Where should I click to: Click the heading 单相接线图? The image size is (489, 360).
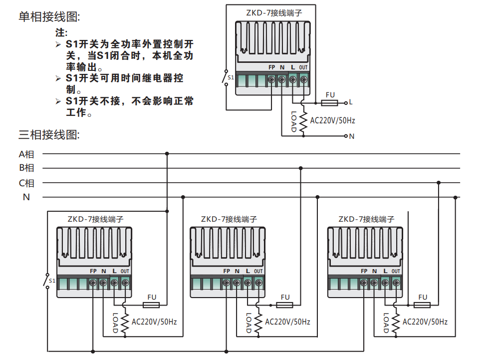pos(49,17)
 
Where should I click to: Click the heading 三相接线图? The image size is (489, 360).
pos(49,134)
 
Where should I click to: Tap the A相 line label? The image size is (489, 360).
pos(26,154)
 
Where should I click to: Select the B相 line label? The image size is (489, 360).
pos(26,168)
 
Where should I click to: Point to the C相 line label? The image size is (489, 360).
pos(26,183)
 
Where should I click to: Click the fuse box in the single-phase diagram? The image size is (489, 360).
pos(329,102)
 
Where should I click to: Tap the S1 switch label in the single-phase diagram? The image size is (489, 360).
pos(231,77)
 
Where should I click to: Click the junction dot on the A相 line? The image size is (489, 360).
pos(167,154)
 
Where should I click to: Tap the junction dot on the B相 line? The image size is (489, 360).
pos(300,168)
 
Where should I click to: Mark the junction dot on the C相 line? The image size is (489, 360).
pos(438,183)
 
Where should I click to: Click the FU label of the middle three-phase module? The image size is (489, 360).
pos(285,297)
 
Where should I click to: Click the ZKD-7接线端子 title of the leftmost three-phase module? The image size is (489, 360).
pos(95,219)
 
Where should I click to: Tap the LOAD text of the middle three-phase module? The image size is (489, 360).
pos(248,323)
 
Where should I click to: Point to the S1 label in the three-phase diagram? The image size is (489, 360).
pos(52,281)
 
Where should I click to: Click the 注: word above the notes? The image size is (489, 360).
pos(60,33)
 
